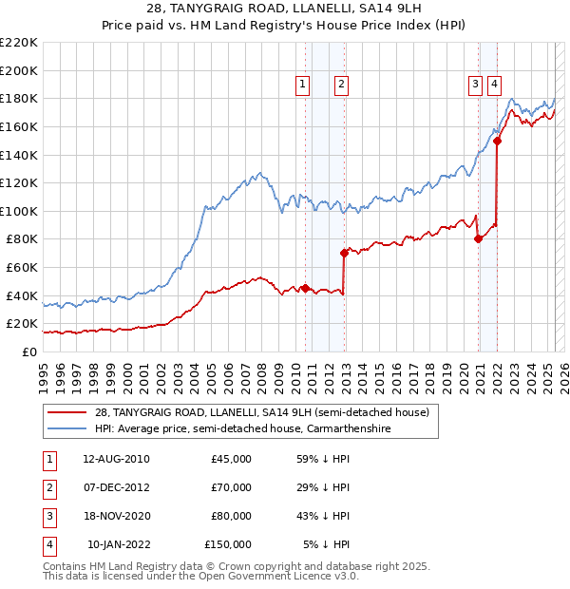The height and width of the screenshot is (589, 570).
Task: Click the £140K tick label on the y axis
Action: [19, 155]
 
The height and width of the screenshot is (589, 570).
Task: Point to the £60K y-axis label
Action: [22, 268]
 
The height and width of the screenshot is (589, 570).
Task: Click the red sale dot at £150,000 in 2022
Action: [498, 141]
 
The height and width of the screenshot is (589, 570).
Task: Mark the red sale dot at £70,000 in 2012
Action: [344, 253]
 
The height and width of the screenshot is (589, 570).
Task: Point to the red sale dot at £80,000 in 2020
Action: [478, 238]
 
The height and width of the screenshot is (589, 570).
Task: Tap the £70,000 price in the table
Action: [231, 487]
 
